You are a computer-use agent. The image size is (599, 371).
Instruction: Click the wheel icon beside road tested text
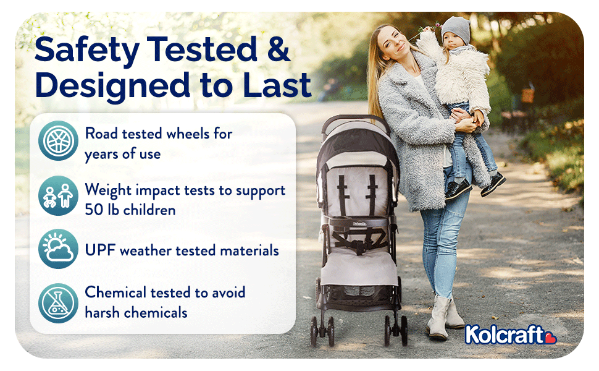(58, 141)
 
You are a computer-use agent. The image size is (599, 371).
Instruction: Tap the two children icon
(58, 196)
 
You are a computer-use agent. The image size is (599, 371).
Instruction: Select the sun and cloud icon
(58, 249)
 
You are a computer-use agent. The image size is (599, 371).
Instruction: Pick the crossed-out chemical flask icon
(58, 304)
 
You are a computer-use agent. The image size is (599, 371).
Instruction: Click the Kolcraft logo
(510, 335)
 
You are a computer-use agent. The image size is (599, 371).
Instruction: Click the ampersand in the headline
(279, 49)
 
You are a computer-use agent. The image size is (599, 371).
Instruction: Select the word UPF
(100, 250)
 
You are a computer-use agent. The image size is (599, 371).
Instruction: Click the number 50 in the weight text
(93, 210)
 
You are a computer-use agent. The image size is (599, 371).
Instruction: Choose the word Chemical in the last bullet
(115, 292)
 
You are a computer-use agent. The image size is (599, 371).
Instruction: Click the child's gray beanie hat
(456, 30)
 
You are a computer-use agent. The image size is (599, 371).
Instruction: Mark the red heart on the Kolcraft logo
(550, 338)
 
